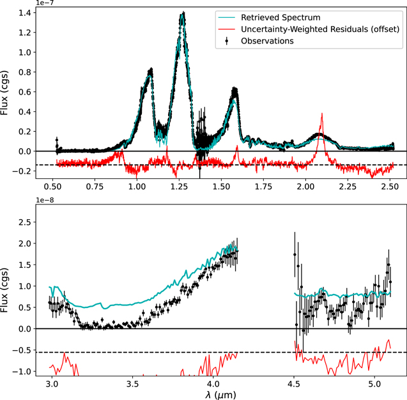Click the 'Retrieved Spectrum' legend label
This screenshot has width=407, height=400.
pyautogui.click(x=280, y=18)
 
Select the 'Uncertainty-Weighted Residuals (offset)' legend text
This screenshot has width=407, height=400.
pyautogui.click(x=320, y=29)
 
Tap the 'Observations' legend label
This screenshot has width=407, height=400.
pyautogui.click(x=267, y=41)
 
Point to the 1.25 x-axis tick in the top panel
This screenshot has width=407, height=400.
pyautogui.click(x=179, y=187)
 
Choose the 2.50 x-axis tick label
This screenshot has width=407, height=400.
pyautogui.click(x=390, y=187)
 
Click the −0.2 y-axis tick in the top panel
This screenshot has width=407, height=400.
pyautogui.click(x=21, y=171)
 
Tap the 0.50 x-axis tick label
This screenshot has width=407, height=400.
pyautogui.click(x=52, y=187)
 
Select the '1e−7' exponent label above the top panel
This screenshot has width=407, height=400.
pyautogui.click(x=45, y=3)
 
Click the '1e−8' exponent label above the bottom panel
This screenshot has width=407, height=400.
pyautogui.click(x=45, y=200)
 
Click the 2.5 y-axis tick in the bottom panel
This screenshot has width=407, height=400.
pyautogui.click(x=25, y=222)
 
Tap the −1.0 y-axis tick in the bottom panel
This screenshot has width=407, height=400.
pyautogui.click(x=21, y=371)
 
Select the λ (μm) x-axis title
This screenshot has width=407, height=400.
pyautogui.click(x=220, y=394)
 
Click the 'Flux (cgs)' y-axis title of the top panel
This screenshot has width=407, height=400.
pyautogui.click(x=4, y=93)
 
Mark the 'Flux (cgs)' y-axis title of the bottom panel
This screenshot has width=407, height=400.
pyautogui.click(x=4, y=290)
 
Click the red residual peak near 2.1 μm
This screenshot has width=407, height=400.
pyautogui.click(x=322, y=114)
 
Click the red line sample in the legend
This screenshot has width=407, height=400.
pyautogui.click(x=227, y=29)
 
